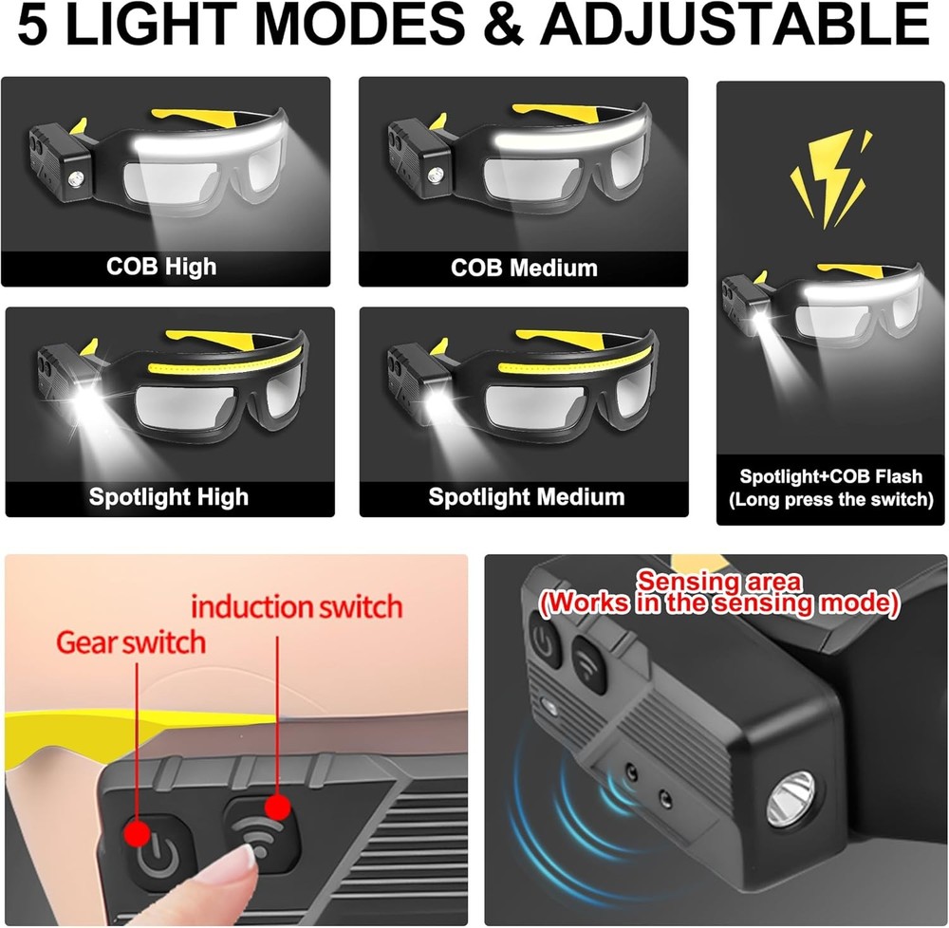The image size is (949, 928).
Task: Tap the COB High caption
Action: pos(161,265)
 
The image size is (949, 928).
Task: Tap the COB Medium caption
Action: pos(524,267)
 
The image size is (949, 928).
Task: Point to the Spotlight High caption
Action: pos(168,496)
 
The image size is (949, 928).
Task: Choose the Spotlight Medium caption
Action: pos(527,496)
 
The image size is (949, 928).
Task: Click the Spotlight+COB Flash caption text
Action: pos(830,477)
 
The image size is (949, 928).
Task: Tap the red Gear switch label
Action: pos(131,641)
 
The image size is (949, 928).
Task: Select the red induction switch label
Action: pos(297,605)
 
